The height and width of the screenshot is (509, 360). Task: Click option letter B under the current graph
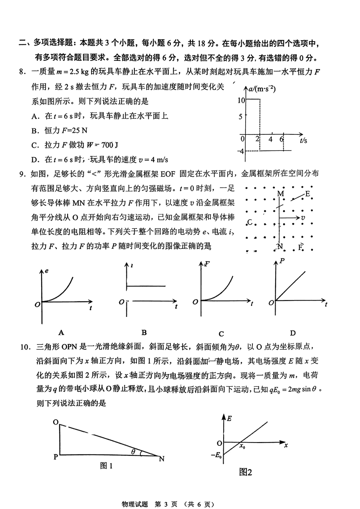(x=144, y=332)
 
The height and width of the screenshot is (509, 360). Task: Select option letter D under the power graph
(x=292, y=333)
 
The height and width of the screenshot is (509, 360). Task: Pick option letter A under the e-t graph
(x=61, y=332)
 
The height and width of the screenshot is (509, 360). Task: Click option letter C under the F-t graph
(x=221, y=334)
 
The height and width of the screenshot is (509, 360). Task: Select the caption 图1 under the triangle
(x=105, y=466)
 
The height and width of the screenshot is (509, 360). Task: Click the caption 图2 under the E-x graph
(x=246, y=473)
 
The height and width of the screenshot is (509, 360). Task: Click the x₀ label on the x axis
(x=242, y=447)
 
